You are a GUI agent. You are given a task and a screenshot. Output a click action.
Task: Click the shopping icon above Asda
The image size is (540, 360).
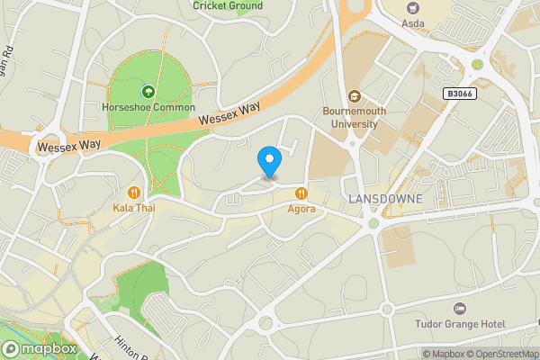pos(412,7)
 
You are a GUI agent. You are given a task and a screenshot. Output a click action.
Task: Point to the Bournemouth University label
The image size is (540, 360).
pos(354,118)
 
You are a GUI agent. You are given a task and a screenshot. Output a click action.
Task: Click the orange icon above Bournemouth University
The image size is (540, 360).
pos(354,96)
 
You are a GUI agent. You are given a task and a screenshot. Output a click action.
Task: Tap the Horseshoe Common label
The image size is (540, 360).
pos(148,108)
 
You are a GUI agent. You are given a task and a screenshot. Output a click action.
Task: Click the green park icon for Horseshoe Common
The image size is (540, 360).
pos(147,91)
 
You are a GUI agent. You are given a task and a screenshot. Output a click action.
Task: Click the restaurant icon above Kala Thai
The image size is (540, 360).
pos(133,192)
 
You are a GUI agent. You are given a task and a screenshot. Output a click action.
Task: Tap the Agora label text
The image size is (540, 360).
pos(301,209)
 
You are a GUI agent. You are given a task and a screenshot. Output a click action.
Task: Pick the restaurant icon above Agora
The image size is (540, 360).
pos(301,192)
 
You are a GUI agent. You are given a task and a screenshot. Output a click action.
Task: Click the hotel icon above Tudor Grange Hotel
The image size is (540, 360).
pos(460,308)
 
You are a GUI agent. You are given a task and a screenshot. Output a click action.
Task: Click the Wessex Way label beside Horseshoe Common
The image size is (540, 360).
pos(229,112)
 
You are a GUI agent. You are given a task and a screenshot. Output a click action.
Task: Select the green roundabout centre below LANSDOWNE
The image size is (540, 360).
pos(373,223)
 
